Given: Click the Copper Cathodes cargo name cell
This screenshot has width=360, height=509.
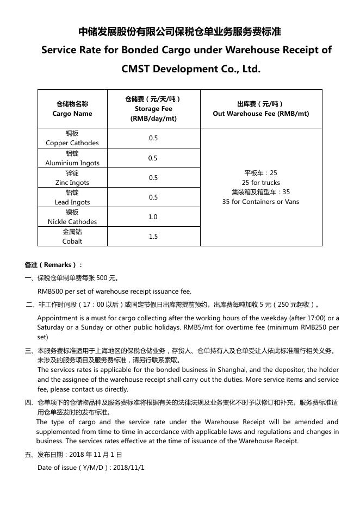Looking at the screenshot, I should coord(72,138).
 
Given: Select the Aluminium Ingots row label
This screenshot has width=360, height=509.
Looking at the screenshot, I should coord(72,158).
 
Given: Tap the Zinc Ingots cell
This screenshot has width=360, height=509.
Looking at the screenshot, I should coord(72,178).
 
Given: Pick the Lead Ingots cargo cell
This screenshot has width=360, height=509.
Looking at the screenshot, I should coord(72,197).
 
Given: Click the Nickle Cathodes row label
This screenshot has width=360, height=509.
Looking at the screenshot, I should coord(72,217).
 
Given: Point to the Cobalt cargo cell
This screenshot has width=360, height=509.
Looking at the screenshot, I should coord(72,237).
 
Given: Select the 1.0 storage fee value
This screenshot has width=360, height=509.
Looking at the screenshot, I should coord(153,217).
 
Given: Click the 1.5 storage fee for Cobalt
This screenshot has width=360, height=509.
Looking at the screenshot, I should coord(153,237).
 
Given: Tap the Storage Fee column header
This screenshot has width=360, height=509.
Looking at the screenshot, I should coord(153,109).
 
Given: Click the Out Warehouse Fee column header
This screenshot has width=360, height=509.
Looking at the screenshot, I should coord(261,109).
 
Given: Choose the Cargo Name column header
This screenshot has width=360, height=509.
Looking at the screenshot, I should coord(72,109).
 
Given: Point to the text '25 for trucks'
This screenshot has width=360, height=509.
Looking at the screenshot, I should coord(261,183).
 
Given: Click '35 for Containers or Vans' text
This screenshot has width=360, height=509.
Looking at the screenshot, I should coord(261,202).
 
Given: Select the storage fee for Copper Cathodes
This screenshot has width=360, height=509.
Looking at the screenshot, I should coord(153,138).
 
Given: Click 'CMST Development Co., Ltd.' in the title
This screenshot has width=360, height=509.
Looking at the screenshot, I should coord(191,69).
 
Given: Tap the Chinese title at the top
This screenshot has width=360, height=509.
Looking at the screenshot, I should coord(180,32).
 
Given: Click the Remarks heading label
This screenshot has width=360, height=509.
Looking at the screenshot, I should coord(53,265).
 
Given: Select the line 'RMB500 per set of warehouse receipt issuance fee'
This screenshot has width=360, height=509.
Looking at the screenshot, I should coord(114,291).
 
